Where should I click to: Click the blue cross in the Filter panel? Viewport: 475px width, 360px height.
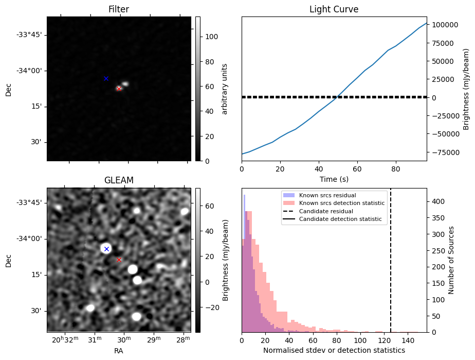106,79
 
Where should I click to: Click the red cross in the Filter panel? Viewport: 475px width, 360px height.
119,89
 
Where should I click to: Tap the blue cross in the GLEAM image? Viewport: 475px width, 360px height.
106,249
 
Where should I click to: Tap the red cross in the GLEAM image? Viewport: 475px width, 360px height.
119,260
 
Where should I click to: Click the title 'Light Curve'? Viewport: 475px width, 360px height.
334,9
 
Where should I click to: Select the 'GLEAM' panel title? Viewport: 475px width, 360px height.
119,180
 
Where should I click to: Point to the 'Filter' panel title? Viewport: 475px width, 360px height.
119,9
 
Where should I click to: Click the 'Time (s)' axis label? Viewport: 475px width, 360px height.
334,179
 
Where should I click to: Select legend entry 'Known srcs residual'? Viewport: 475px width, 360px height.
327,195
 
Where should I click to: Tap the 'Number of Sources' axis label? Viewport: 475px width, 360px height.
451,260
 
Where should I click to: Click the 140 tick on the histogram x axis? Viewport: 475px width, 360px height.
408,340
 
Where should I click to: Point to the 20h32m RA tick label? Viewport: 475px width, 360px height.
65,339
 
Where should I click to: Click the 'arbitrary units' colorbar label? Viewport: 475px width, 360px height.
225,89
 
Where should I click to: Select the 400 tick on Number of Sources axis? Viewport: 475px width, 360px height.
438,201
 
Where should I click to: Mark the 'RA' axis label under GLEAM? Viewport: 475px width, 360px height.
118,351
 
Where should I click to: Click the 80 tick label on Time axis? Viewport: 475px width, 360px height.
396,169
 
